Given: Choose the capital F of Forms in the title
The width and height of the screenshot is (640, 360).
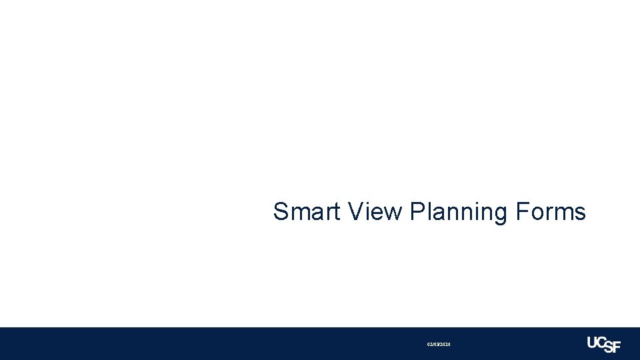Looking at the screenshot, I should coord(522,212).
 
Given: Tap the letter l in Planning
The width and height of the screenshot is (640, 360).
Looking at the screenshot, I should coord(429,212).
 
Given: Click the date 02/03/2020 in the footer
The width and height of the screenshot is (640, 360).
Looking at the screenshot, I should coord(439,344).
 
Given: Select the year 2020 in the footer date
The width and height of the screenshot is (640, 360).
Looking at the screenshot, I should coord(445,344).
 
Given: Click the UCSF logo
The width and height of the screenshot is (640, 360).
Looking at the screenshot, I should coord(603,344).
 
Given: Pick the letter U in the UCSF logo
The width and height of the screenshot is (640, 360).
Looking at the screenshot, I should coord(593,342).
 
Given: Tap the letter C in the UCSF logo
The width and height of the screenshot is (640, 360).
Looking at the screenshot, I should coord(603,341).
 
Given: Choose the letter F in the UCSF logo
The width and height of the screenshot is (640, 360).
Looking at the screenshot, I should coord(616,347).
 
